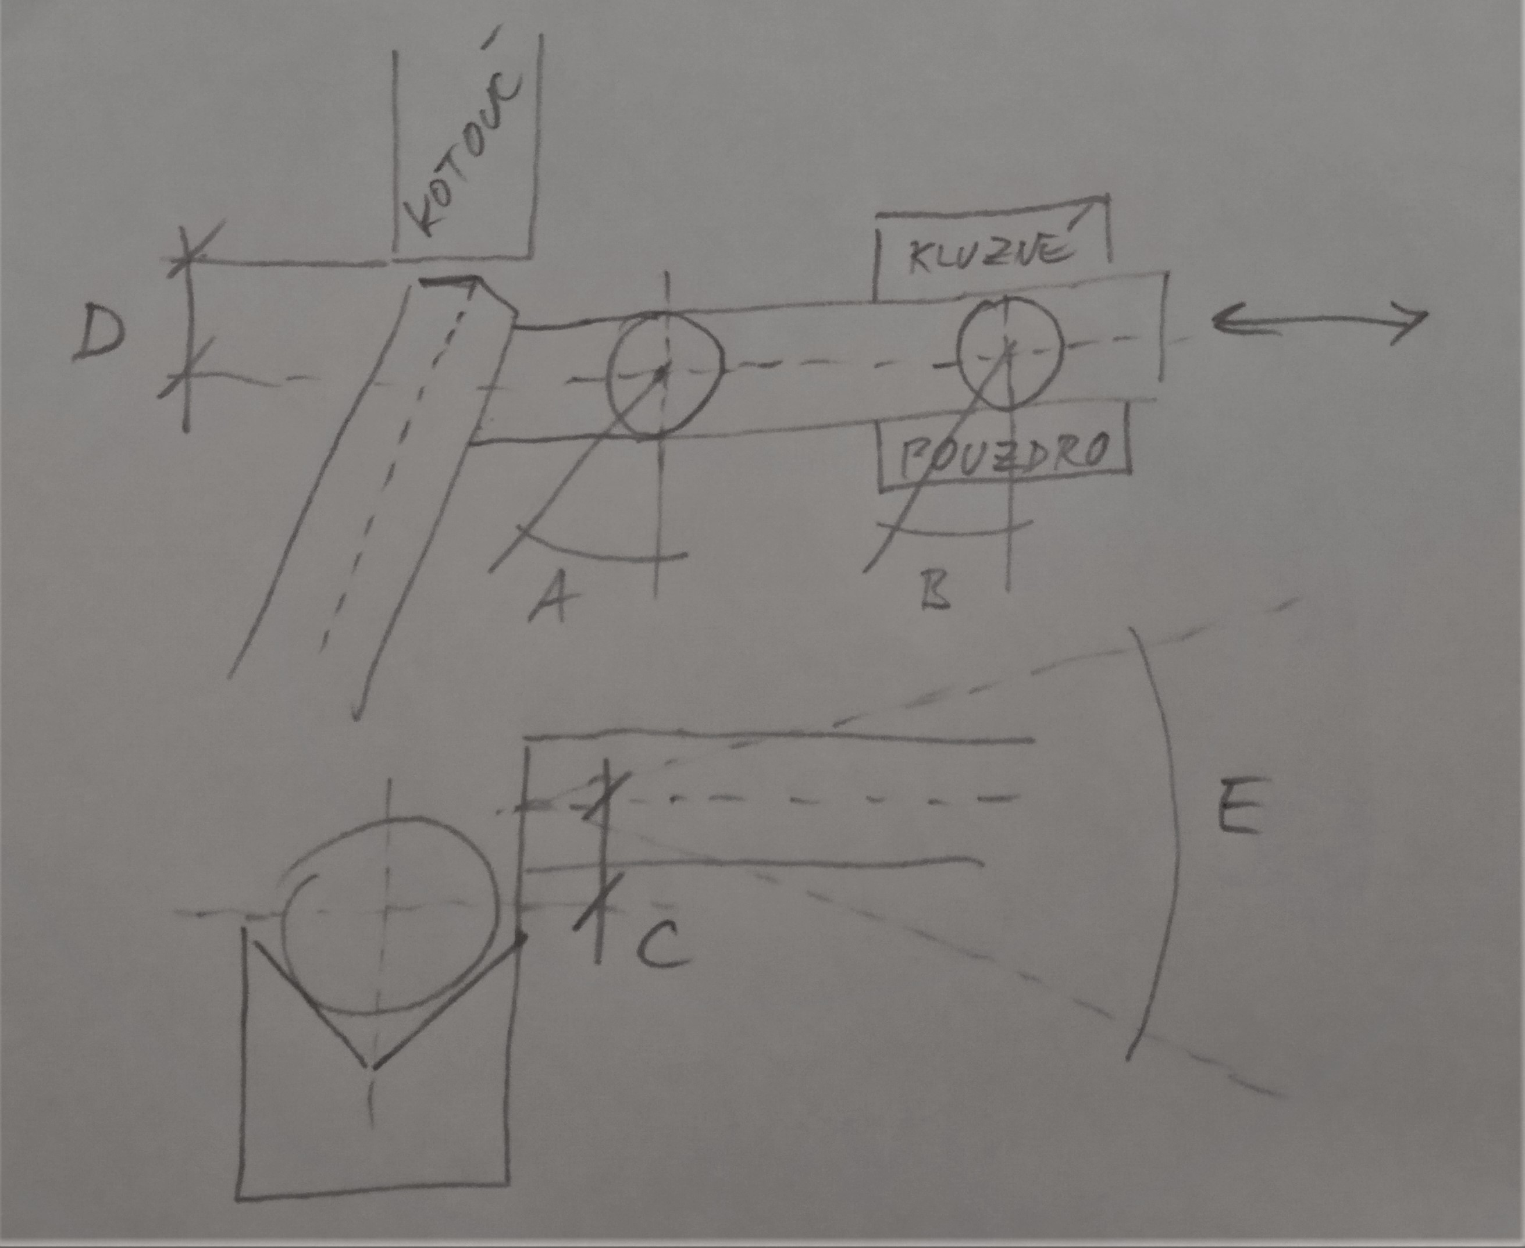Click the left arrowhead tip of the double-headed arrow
1214,322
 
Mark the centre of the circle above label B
1010,350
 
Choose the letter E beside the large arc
1239,806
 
